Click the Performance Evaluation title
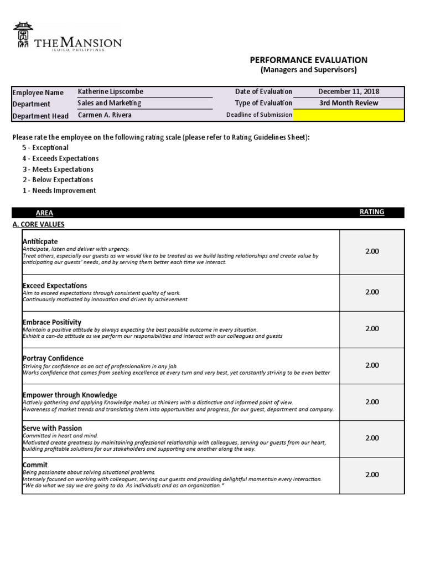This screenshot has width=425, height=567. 308,60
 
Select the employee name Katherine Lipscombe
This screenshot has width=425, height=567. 111,92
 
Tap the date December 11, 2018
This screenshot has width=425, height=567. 349,92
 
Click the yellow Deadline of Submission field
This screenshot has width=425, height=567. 349,115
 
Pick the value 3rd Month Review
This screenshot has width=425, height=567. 349,103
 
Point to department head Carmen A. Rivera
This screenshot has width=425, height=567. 105,115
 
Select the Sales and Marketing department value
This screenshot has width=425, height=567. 110,103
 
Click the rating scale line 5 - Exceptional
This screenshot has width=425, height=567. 45,148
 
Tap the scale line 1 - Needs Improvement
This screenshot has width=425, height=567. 59,190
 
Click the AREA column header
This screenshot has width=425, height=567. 44,213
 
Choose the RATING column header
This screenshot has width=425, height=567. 372,212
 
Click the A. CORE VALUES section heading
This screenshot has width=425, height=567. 38,224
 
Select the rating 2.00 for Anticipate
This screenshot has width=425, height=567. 372,251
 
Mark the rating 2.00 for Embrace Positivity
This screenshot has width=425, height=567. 372,328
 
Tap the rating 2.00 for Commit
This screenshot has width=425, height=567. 372,475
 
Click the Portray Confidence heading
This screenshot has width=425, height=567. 53,359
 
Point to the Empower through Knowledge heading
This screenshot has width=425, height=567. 69,395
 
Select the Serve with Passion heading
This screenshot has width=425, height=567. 52,428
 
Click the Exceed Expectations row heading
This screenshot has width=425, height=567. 55,286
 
